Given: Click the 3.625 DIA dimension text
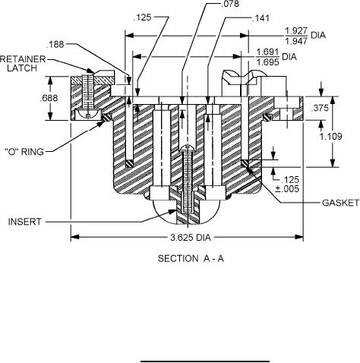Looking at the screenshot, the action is tap(191, 238).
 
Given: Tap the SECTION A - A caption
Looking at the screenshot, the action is tap(191, 258).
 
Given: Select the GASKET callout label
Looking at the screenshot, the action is tap(340, 203).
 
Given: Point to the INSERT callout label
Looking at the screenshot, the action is tap(24, 222).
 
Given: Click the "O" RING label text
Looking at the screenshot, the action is tap(24, 152).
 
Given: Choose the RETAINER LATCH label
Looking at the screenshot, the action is tap(23, 64).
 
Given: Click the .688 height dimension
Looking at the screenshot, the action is tap(49, 98).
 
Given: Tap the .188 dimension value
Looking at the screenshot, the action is tap(55, 44).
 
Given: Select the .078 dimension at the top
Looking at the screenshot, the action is tap(229, 4).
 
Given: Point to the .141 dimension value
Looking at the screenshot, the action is tap(261, 18).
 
